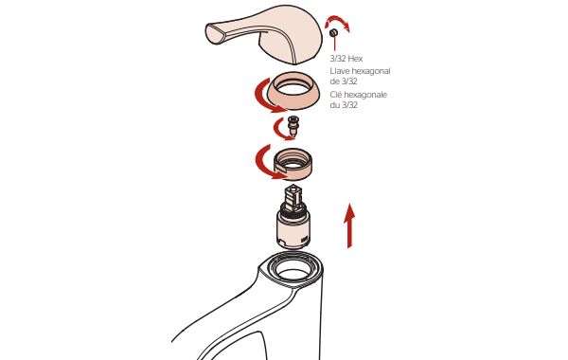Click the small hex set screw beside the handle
coord(333,32)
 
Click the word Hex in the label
coord(355,59)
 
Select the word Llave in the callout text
coord(340,71)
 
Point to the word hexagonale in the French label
coord(365,95)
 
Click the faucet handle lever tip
coord(211,33)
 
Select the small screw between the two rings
coord(293,125)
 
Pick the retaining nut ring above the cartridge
coord(293,164)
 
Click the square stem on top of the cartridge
coord(293,197)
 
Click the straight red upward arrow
coord(349,225)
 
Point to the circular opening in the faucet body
coord(293,274)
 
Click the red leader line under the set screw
coord(335,44)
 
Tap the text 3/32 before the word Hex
coord(338,59)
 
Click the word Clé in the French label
coord(335,95)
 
